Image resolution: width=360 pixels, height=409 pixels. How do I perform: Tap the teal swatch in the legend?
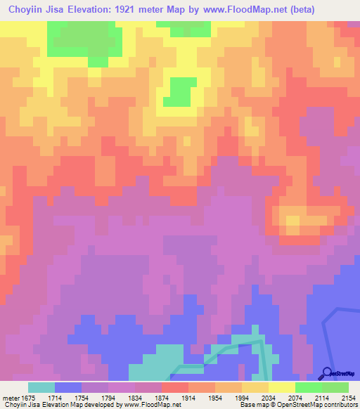[x=41, y=387]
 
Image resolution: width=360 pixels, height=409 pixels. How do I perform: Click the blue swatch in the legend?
[x=68, y=387]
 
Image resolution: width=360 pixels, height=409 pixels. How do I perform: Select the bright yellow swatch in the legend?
[x=282, y=387]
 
